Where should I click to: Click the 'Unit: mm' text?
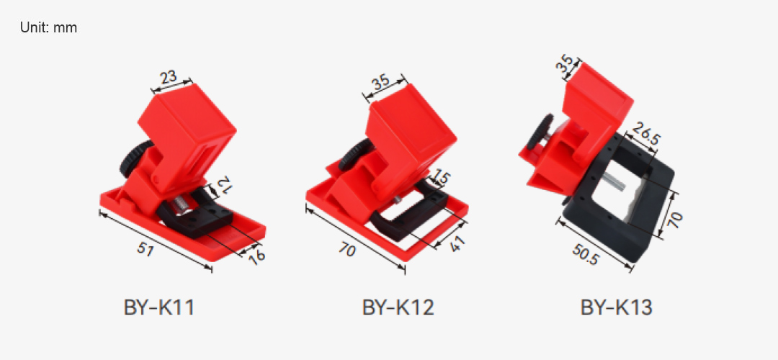49,27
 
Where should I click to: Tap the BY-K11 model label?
158,307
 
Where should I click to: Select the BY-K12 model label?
398,307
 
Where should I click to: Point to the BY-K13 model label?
616,307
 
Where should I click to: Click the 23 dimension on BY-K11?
169,78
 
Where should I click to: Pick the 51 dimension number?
145,249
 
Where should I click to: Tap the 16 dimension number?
257,256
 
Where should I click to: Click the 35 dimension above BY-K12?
381,82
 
